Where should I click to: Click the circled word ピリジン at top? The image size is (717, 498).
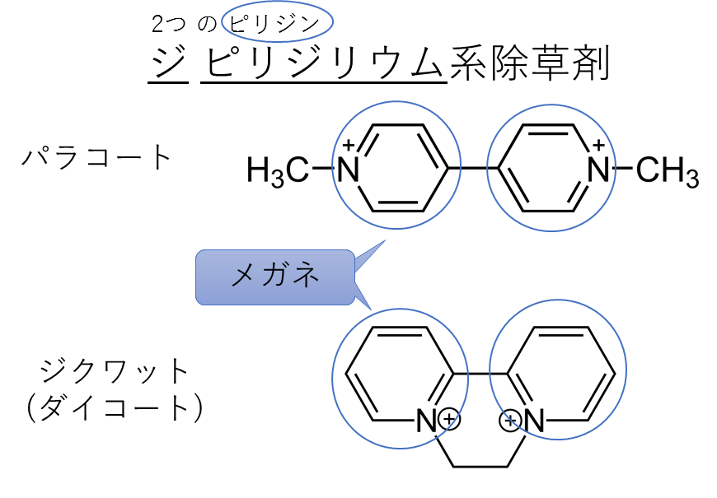[x=274, y=23]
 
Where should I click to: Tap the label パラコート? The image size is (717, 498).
[x=96, y=157]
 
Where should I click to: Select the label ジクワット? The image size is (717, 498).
[x=115, y=370]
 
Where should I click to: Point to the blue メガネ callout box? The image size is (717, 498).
[x=275, y=277]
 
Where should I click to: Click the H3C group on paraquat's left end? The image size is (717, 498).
[x=278, y=171]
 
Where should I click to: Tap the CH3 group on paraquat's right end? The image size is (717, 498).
[x=668, y=171]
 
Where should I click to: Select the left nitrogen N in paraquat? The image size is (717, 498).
[x=349, y=169]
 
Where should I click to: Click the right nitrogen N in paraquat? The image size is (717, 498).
[x=598, y=169]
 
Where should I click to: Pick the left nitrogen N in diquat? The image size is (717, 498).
[x=426, y=421]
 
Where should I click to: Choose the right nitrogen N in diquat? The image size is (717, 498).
[x=534, y=421]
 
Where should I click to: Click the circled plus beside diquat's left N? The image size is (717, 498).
[x=449, y=418]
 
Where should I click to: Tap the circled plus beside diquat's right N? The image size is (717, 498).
[x=510, y=421]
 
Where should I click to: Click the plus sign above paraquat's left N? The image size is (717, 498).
[x=349, y=146]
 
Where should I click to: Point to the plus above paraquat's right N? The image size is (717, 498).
[x=598, y=146]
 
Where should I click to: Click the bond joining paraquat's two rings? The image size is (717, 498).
[x=473, y=169]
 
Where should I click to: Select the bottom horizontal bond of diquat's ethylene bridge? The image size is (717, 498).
[x=480, y=467]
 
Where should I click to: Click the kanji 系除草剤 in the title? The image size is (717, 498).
[x=530, y=63]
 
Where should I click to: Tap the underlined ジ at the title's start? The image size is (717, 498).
[x=168, y=63]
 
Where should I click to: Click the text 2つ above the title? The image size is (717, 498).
[x=167, y=24]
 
